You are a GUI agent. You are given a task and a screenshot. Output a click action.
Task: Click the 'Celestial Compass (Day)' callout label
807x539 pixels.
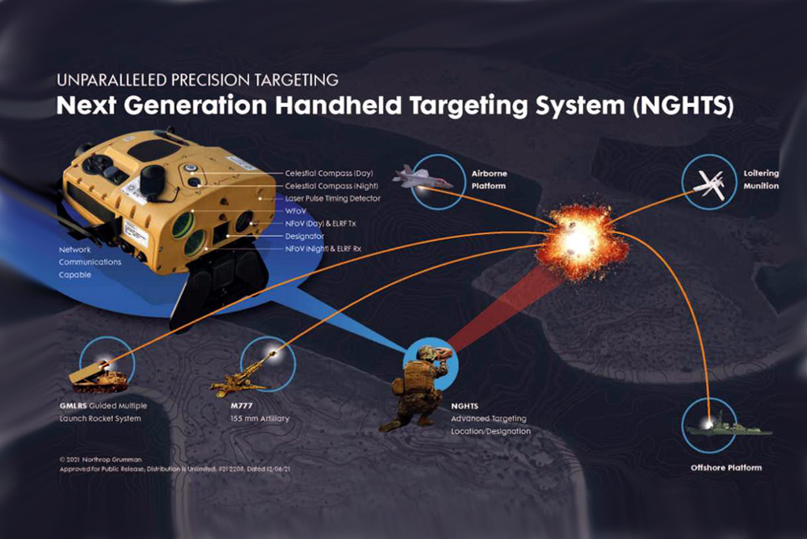tap(329, 173)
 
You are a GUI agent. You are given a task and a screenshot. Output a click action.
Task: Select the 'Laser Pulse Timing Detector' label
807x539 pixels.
tap(333, 199)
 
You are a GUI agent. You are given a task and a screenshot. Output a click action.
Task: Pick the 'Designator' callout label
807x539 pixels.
tap(303, 236)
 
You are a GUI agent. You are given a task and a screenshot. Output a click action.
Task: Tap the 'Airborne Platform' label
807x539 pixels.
tap(489, 179)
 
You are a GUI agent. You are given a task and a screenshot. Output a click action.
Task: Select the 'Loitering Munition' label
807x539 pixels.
tap(761, 180)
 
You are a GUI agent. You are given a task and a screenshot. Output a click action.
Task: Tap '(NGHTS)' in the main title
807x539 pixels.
tap(682, 106)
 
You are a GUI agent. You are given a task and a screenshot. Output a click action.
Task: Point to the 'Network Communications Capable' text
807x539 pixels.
tap(91, 262)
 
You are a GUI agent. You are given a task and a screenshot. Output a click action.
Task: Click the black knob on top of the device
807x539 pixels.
tap(153, 174)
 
